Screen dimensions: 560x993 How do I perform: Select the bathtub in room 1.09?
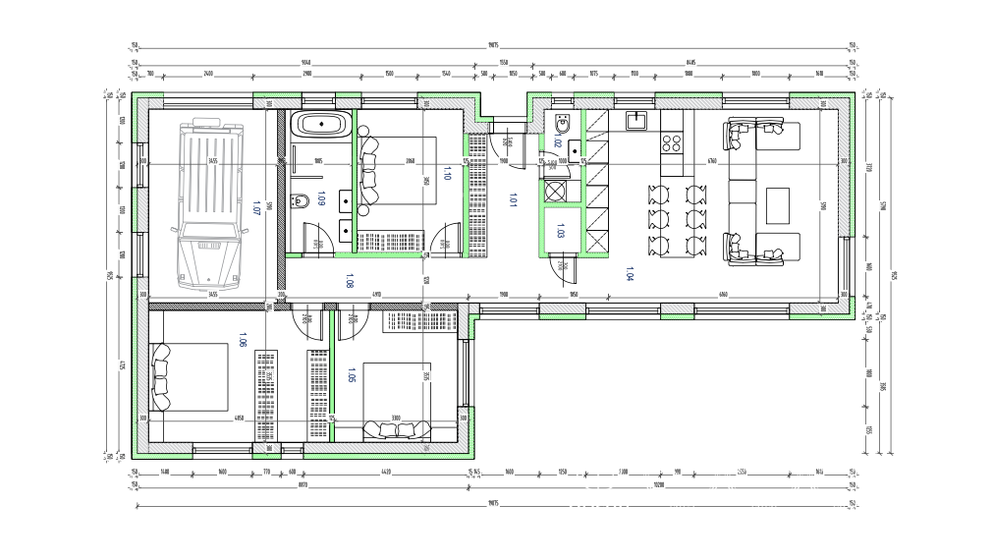pos(321,126)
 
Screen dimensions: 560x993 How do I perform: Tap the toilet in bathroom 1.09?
pos(300,201)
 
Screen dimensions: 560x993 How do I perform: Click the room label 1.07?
pos(256,207)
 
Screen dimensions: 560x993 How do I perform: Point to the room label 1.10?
pos(448,173)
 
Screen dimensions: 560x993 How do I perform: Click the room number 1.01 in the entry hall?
pos(511,200)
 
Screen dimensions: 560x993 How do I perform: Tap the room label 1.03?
pos(560,233)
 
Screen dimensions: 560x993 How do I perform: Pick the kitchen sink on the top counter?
pos(636,120)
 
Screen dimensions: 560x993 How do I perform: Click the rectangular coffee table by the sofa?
pos(777,204)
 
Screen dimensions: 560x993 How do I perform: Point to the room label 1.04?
pos(629,275)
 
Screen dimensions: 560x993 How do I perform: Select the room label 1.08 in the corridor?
pos(351,282)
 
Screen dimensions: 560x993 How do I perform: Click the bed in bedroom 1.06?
pos(192,378)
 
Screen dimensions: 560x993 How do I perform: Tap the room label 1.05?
pos(351,374)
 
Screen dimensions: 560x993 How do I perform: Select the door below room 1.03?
pos(562,267)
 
